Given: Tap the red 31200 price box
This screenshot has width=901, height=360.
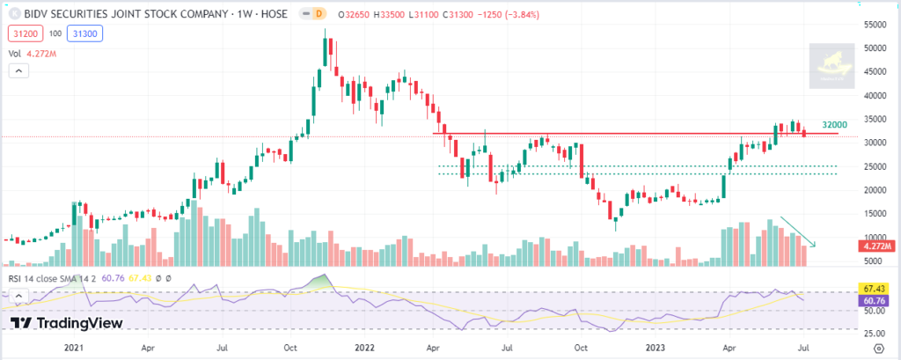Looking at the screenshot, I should pos(24,33).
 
